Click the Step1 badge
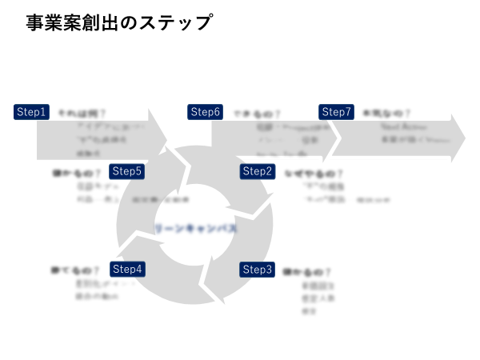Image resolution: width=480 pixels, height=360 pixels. pos(32,112)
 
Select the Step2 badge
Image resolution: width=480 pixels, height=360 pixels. pos(258,171)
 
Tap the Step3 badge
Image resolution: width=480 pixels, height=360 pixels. pos(258,270)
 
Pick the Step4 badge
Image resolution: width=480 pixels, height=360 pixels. pos(127,270)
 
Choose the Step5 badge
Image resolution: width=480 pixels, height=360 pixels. pos(127,171)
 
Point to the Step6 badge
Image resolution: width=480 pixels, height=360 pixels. pos(205,112)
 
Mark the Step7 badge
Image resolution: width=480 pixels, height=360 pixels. pos(336,112)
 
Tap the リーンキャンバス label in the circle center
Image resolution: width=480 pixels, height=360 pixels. pos(196,229)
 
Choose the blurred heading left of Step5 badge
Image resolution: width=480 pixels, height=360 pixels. pos(77,173)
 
